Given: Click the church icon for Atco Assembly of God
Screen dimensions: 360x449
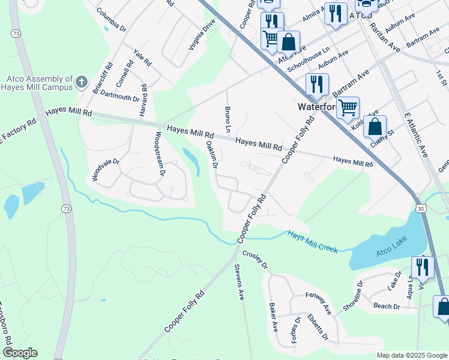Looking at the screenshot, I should [x=82, y=82].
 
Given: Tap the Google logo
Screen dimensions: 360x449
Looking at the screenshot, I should [x=19, y=353].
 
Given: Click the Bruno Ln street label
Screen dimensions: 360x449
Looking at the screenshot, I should [x=228, y=120].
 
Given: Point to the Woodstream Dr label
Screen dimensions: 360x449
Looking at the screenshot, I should [x=160, y=154].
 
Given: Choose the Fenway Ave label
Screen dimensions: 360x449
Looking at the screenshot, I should [x=318, y=303].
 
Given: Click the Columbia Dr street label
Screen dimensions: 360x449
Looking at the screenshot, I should [x=111, y=20].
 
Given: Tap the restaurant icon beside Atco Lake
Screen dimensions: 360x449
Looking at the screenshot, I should [x=423, y=268].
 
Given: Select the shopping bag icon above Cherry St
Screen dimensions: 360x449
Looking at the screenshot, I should [x=375, y=127].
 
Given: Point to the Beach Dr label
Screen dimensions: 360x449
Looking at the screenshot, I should [x=387, y=306].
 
